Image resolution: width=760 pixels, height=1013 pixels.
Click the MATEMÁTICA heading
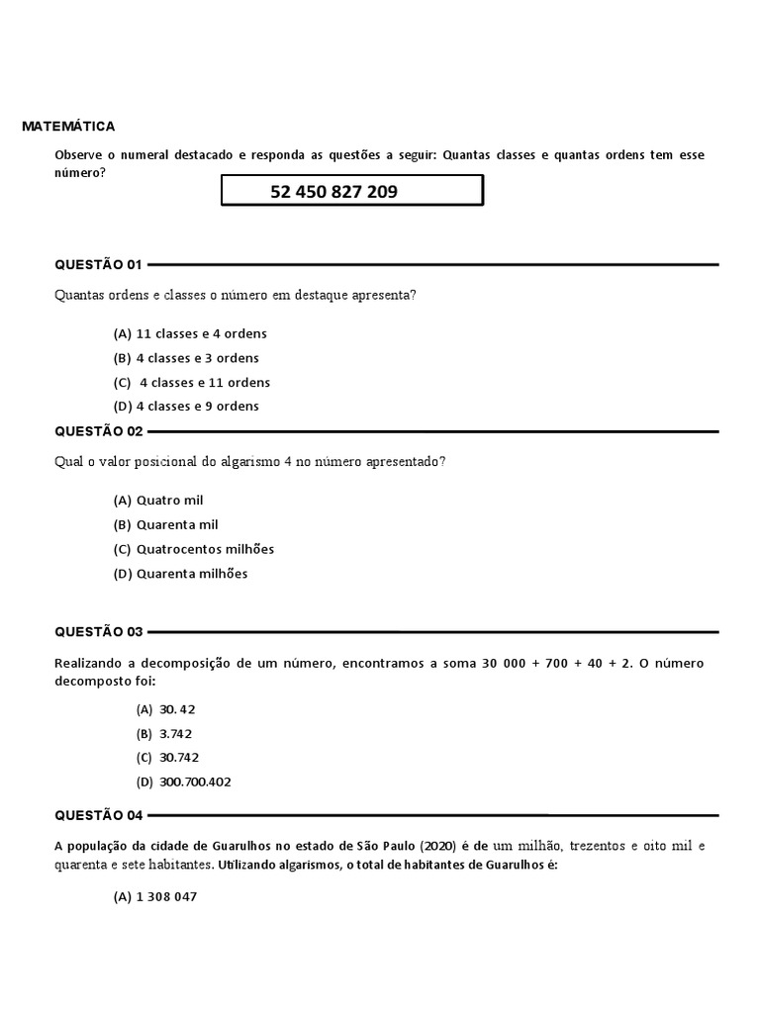[68, 127]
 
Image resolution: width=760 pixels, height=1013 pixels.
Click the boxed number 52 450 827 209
[333, 191]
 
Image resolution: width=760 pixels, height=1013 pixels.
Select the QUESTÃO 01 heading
[99, 264]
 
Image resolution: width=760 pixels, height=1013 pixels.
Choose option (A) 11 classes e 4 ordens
[190, 333]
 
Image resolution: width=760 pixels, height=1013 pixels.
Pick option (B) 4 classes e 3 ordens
[186, 358]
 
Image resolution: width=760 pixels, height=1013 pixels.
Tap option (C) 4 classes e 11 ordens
[192, 382]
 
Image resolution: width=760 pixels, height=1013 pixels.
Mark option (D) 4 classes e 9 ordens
[186, 406]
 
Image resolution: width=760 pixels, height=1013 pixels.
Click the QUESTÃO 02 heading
[99, 431]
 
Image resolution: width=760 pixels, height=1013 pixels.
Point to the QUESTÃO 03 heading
[99, 631]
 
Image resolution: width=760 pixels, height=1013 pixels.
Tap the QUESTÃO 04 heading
[99, 815]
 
